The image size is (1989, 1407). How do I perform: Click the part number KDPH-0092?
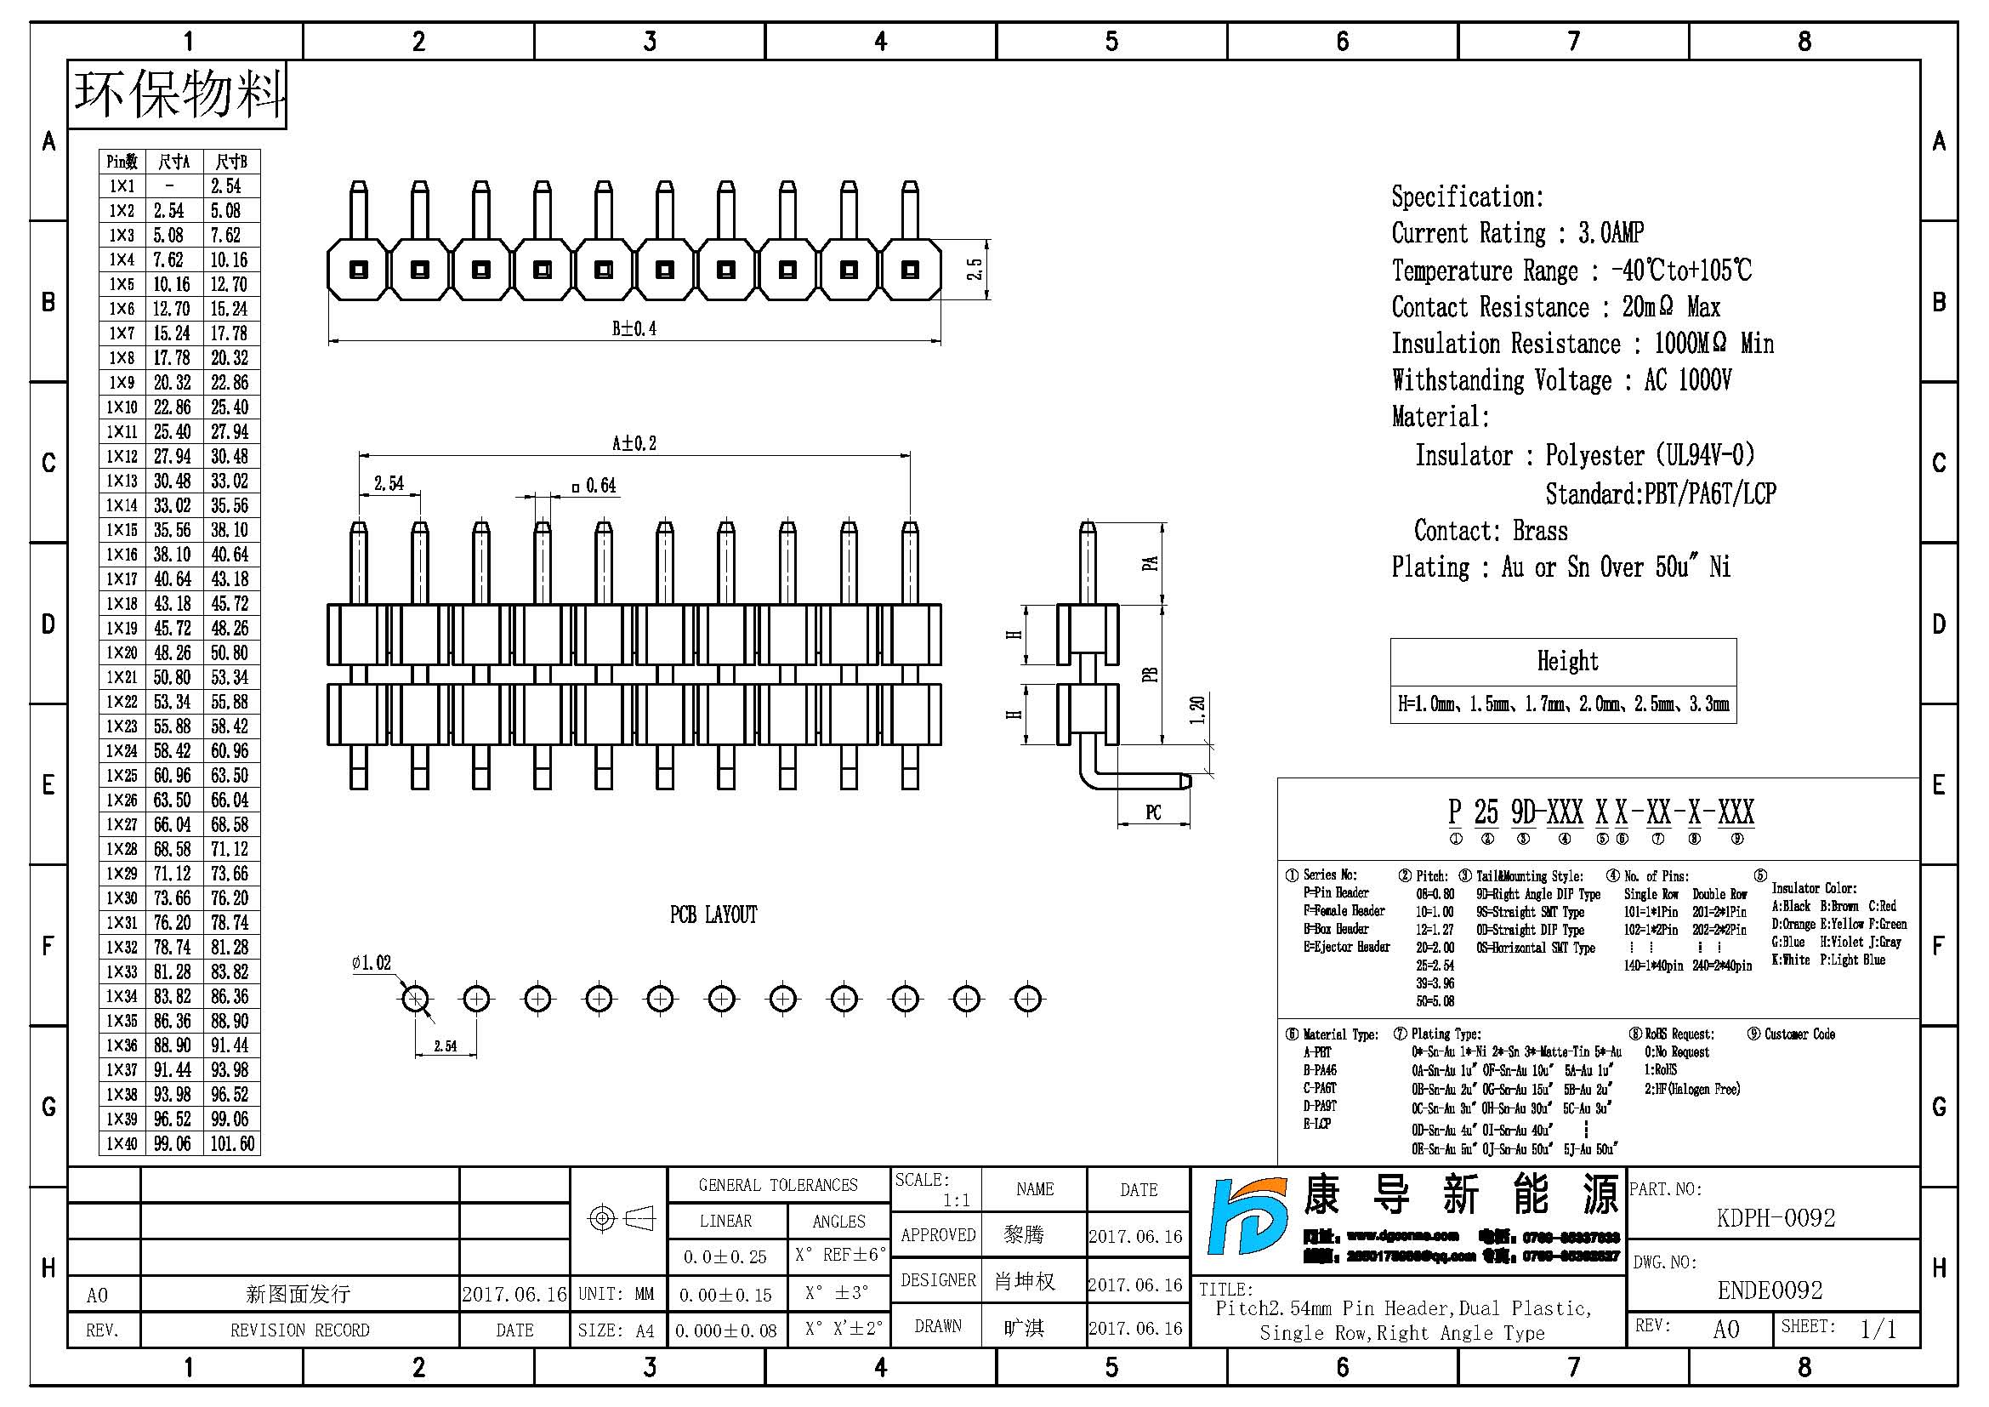pyautogui.click(x=1775, y=1217)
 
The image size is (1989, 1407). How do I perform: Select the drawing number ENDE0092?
pyautogui.click(x=1770, y=1290)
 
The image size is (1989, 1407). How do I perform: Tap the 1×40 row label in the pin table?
pyautogui.click(x=122, y=1143)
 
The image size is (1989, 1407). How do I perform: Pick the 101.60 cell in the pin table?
pyautogui.click(x=232, y=1143)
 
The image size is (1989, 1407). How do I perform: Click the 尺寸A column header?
pyautogui.click(x=173, y=162)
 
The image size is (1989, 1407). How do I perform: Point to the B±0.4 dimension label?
pyautogui.click(x=634, y=328)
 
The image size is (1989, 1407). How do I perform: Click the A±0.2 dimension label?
pyautogui.click(x=634, y=443)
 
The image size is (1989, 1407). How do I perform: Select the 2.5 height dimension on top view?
pyautogui.click(x=975, y=270)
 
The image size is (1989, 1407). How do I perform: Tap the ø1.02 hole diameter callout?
pyautogui.click(x=372, y=963)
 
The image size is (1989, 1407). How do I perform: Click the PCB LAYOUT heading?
pyautogui.click(x=713, y=915)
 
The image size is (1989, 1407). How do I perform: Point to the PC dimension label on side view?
pyautogui.click(x=1153, y=812)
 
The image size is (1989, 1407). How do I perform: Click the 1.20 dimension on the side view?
pyautogui.click(x=1197, y=710)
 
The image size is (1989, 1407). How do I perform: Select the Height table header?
pyautogui.click(x=1567, y=662)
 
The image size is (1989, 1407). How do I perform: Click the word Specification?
pyautogui.click(x=1467, y=197)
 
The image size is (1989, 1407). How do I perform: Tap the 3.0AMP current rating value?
pyautogui.click(x=1611, y=233)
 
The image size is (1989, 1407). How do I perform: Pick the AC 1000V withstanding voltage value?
pyautogui.click(x=1687, y=380)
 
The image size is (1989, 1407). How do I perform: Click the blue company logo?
pyautogui.click(x=1247, y=1216)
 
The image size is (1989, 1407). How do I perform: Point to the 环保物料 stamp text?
pyautogui.click(x=179, y=94)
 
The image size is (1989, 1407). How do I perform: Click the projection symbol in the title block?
pyautogui.click(x=621, y=1218)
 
